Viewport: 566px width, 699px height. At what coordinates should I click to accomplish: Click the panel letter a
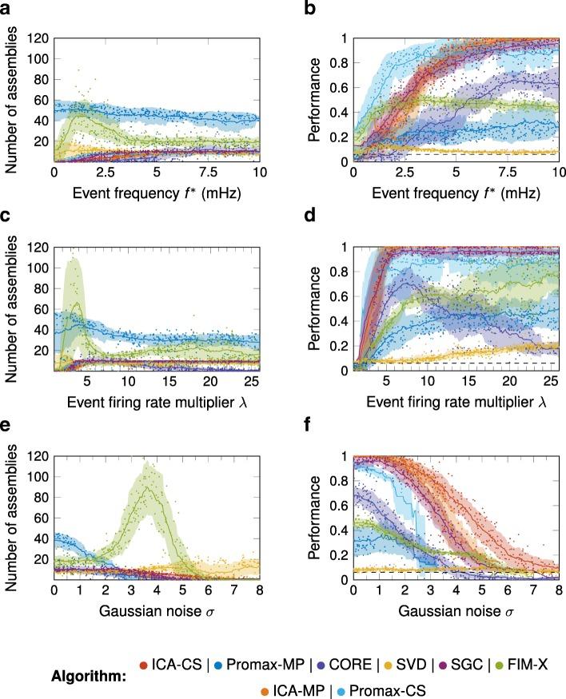tap(6, 9)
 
